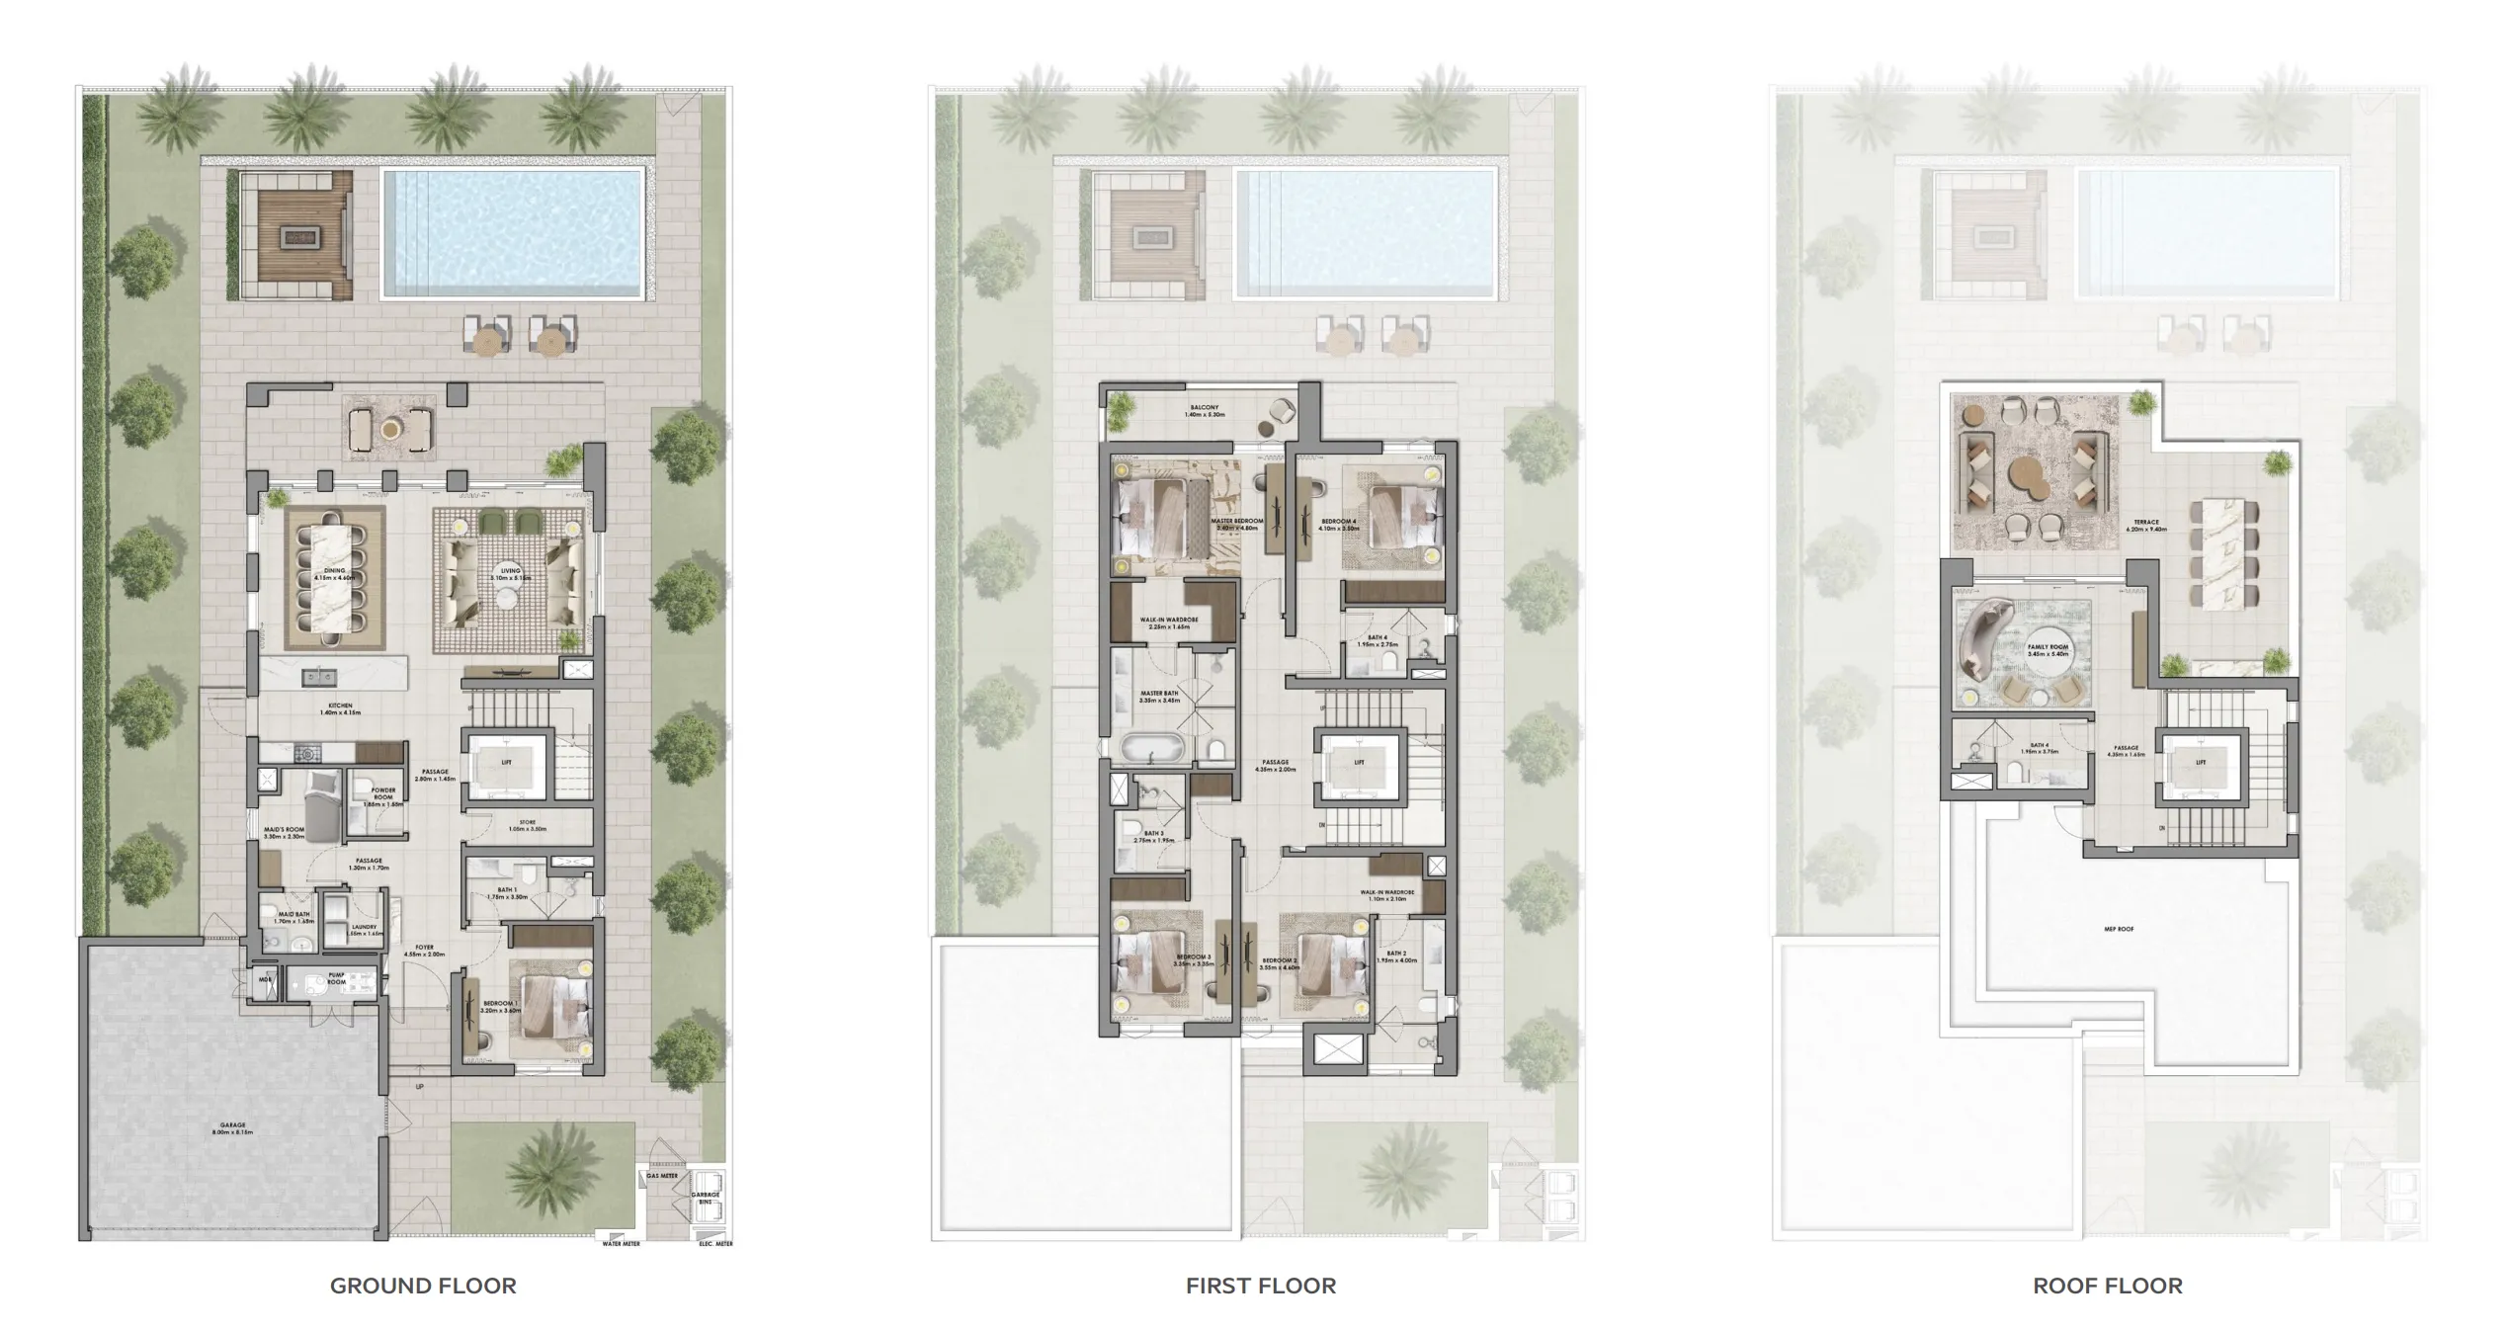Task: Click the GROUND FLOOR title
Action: pos(423,1286)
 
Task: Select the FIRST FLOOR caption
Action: pos(1261,1286)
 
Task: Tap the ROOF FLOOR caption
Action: pos(2108,1286)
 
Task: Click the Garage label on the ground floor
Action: pos(232,1128)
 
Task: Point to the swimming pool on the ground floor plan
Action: pos(513,233)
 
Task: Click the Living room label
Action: pos(510,574)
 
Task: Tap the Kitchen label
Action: pos(340,708)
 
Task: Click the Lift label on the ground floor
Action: pos(507,763)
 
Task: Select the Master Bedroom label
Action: pos(1236,524)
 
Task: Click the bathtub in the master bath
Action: pos(1153,748)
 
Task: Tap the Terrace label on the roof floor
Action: pos(2146,525)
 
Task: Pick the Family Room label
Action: pos(2048,650)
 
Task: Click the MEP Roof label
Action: pos(2119,929)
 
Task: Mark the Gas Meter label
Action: pos(662,1176)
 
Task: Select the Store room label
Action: pos(528,825)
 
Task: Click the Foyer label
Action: pos(425,951)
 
